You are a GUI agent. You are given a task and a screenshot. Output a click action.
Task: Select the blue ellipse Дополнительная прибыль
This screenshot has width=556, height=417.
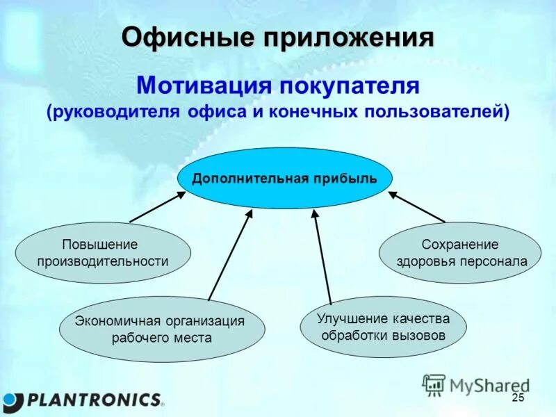[x=284, y=178]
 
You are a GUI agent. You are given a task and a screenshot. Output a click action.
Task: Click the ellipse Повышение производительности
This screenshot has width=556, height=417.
[x=103, y=253]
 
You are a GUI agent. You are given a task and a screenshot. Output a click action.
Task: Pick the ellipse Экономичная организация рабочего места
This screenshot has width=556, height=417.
[x=161, y=329]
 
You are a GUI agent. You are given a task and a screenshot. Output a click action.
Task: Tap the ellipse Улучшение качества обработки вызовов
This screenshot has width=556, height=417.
[x=383, y=327]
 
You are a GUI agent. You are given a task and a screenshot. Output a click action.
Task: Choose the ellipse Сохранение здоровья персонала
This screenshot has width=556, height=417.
[x=460, y=253]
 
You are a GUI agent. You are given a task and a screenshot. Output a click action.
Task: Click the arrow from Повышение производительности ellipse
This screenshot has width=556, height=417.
[x=158, y=206]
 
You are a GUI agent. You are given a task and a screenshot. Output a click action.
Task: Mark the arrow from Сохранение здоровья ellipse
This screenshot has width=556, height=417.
[x=416, y=206]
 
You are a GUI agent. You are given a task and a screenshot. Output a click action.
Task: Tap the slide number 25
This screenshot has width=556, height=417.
[x=517, y=398]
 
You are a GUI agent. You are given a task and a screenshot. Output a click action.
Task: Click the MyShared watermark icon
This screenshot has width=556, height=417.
[x=434, y=384]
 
